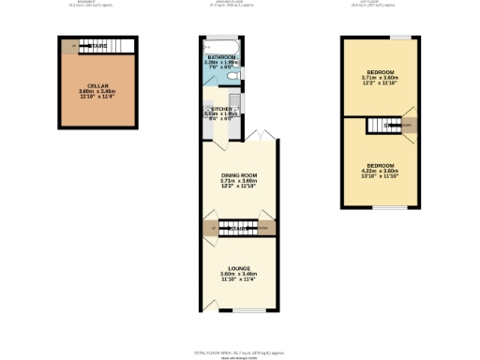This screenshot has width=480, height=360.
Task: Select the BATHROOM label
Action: coord(221,57)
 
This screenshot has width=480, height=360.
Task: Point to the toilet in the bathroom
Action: coord(234,75)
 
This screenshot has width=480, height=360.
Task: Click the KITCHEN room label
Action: coord(217,109)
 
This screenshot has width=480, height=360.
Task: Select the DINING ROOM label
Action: coord(238,176)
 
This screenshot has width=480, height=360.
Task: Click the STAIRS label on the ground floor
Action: coord(239,228)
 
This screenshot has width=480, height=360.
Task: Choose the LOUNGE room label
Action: coord(238,269)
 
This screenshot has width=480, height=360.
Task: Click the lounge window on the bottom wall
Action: coord(239,309)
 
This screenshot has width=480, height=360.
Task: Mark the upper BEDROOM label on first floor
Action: coord(380,72)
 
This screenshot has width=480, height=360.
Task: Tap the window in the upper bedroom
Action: coord(399,37)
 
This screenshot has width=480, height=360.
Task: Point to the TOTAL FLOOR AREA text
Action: coord(239,352)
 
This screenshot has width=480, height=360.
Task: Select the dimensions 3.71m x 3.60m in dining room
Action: coord(238,182)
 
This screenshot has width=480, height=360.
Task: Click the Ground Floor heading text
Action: coord(239,4)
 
